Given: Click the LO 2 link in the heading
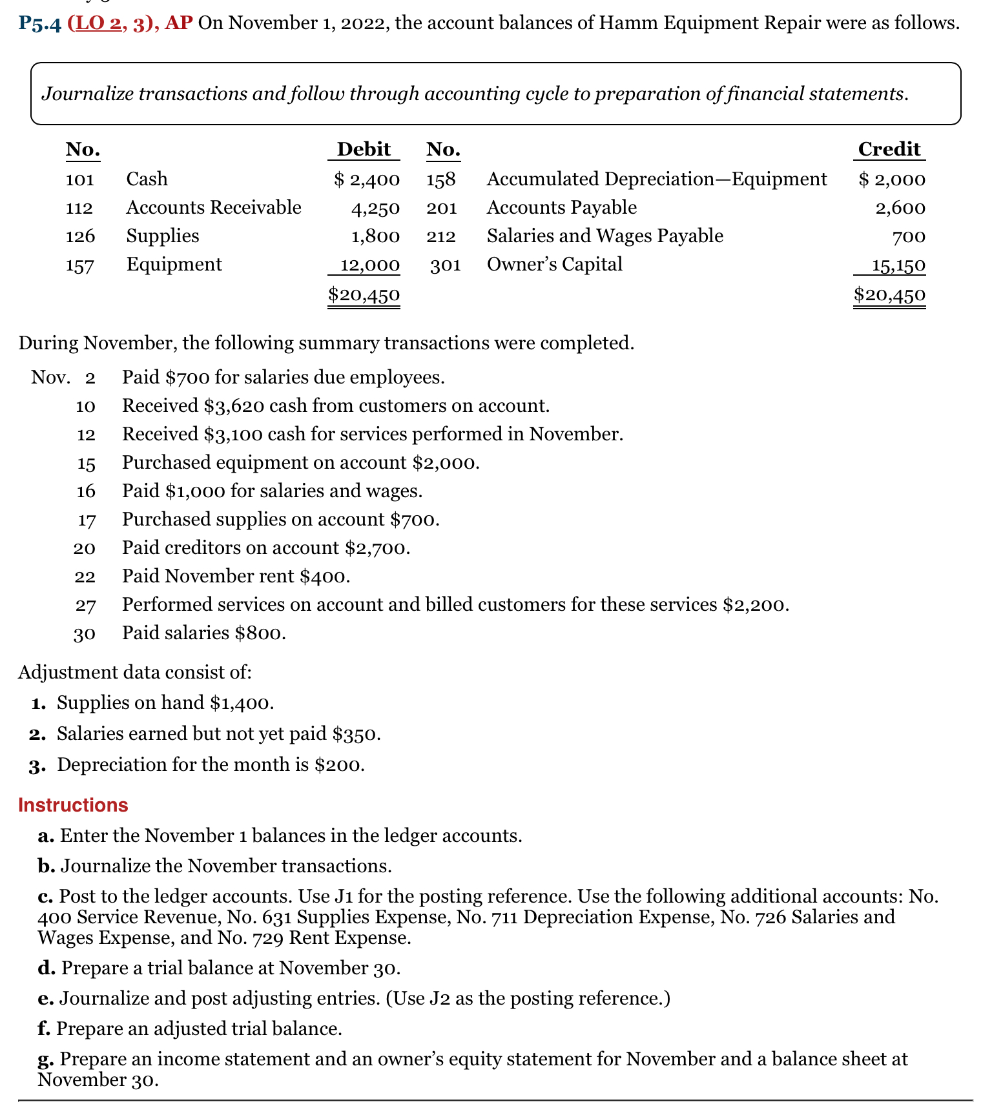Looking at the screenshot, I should point(98,24).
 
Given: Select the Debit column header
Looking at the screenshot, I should point(364,149).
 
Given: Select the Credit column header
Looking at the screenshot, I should point(889,149).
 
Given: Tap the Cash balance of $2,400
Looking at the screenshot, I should point(367,179).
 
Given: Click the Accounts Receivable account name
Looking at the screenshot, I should point(214,207).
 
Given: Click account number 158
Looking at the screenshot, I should point(441,179).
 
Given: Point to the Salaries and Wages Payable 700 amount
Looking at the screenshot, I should point(909,236).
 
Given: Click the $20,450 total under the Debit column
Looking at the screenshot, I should point(364,295).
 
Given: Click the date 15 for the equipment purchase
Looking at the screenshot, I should point(86,463).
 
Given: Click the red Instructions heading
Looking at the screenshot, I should point(73,805).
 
